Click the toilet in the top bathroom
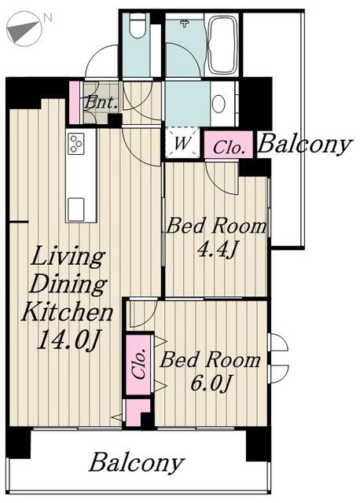[x=137, y=25]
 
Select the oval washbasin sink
[x=219, y=104]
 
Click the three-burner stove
[x=76, y=143]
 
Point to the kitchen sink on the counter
[x=75, y=209]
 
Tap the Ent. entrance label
[x=100, y=103]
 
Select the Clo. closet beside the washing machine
[x=229, y=145]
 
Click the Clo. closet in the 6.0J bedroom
[x=138, y=365]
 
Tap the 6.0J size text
[x=211, y=383]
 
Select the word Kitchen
[x=67, y=312]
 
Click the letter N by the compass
[x=47, y=17]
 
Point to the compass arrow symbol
[x=24, y=30]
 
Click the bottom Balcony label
[x=137, y=463]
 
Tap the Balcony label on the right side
[x=304, y=145]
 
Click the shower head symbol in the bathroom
[x=184, y=23]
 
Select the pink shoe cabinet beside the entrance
[x=75, y=102]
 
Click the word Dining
[x=68, y=285]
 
